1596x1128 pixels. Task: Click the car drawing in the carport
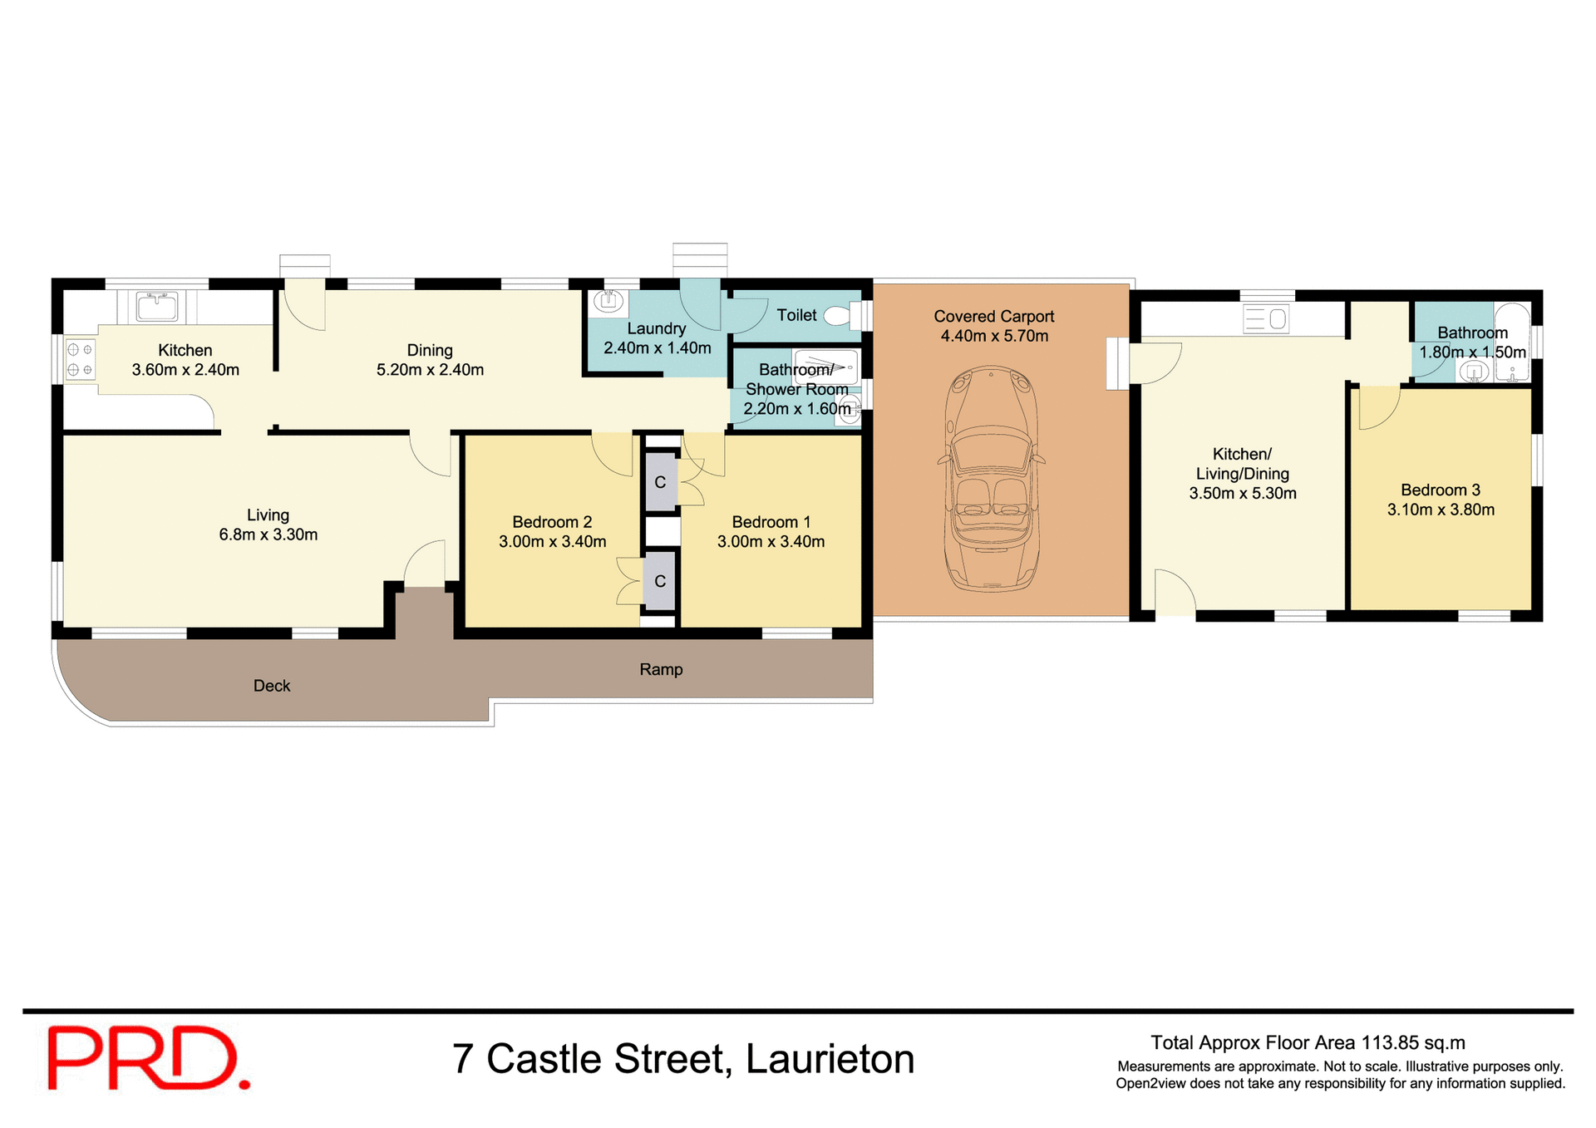pos(991,479)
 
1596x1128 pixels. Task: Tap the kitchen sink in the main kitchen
pos(156,307)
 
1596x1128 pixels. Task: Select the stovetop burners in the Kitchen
pos(80,360)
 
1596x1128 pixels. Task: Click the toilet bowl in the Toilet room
pos(840,315)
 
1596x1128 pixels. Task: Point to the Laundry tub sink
pos(609,302)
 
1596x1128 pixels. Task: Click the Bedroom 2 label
pos(552,522)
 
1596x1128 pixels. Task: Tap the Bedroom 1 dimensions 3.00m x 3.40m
pos(771,542)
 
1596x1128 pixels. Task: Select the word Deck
pos(272,686)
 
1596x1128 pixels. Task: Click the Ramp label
pos(661,669)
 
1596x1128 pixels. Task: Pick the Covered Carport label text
pos(993,317)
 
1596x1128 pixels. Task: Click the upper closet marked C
pos(660,482)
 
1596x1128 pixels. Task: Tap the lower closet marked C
pos(660,581)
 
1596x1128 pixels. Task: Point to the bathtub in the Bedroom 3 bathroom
pos(1512,342)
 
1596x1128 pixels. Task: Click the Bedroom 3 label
pos(1440,490)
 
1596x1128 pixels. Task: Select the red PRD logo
pos(148,1058)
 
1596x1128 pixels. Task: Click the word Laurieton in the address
pos(830,1059)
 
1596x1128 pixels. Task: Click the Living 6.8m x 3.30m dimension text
pos(268,534)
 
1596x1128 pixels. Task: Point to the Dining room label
pos(430,350)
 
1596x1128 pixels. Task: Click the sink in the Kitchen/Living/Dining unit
pos(1266,318)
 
